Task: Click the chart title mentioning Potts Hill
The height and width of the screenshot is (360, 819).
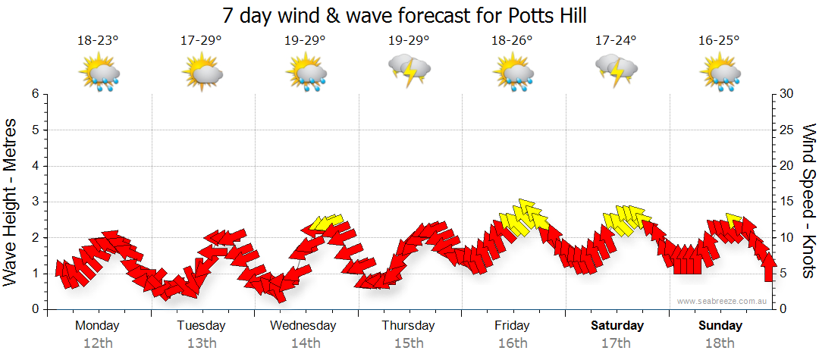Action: [405, 16]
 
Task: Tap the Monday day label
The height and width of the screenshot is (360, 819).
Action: [97, 326]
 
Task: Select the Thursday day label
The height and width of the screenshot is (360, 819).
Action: [408, 326]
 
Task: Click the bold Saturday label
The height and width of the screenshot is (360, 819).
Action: [617, 326]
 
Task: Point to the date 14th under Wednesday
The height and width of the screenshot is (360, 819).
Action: [304, 343]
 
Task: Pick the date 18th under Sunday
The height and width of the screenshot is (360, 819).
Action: [720, 343]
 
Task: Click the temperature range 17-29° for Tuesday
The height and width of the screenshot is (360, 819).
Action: [201, 41]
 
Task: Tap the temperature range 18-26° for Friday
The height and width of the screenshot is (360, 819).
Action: [512, 41]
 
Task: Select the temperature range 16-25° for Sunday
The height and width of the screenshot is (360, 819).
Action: [719, 41]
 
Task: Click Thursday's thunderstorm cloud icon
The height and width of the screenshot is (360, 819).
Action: [409, 70]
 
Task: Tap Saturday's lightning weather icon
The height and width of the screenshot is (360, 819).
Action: [616, 70]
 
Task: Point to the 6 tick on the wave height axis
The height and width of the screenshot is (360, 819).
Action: [35, 94]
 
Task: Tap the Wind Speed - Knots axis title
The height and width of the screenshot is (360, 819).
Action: [808, 201]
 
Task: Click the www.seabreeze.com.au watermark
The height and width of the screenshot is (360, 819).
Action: [723, 301]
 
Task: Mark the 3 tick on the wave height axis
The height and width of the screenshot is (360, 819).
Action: [35, 202]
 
